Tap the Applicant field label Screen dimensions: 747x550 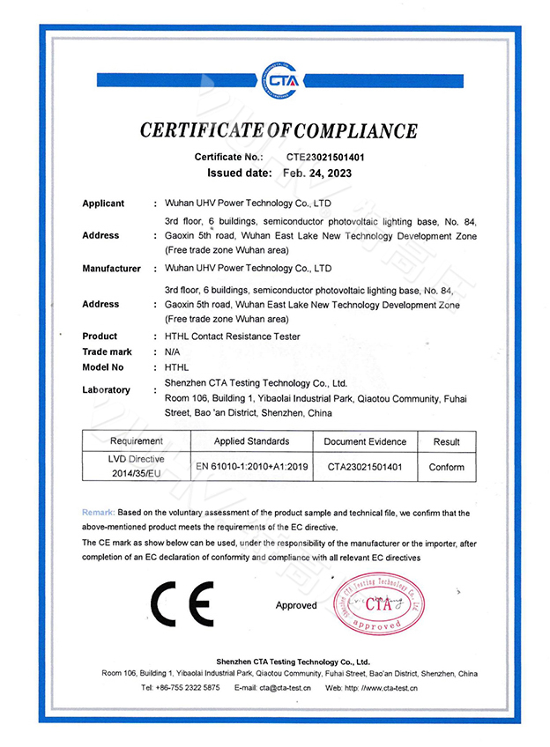[x=103, y=203]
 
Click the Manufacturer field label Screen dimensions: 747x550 [x=111, y=269]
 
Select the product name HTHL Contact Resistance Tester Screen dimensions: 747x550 [x=233, y=337]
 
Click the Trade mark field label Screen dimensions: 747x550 [x=107, y=351]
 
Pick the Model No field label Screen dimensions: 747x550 [x=103, y=366]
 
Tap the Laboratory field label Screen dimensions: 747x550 [x=106, y=389]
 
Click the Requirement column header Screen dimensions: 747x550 [x=137, y=440]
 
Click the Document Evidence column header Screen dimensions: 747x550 [x=365, y=440]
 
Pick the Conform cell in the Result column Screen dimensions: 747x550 [x=446, y=467]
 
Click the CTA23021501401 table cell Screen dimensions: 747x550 [x=365, y=467]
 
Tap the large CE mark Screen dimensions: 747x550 [x=181, y=605]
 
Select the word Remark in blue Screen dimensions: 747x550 [x=97, y=512]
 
